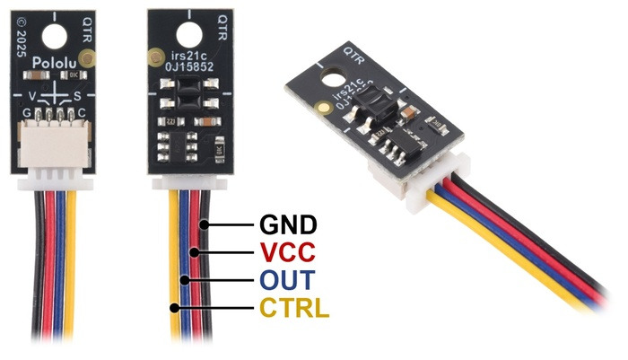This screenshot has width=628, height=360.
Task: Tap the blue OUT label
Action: coord(286,281)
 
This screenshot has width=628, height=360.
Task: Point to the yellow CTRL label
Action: coord(294,310)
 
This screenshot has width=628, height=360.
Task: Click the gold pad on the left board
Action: coord(87,60)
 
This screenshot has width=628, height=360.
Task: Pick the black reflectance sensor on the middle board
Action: coord(188,92)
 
